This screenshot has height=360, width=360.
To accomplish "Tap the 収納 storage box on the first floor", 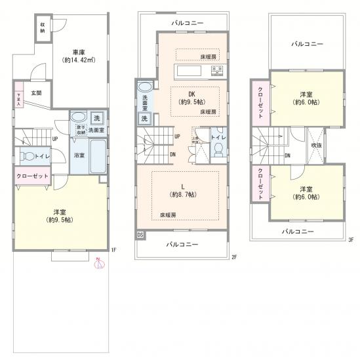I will coord(41,28).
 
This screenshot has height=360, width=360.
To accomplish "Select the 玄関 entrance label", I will coord(37,92).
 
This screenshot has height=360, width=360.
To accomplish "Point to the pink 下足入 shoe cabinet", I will coord(19,99).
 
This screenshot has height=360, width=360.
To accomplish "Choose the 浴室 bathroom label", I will coord(79,156).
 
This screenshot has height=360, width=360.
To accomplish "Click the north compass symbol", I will coord(99,260).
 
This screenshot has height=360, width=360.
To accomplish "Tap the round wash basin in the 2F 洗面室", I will coord(145,87).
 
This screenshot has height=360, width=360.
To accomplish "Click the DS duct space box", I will coord(140,234).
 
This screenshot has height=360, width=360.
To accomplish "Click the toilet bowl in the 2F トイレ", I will coord(217,150).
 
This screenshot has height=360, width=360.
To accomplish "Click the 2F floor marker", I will coord(233,256).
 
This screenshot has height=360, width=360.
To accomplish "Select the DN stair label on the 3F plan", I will coord(288,155).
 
